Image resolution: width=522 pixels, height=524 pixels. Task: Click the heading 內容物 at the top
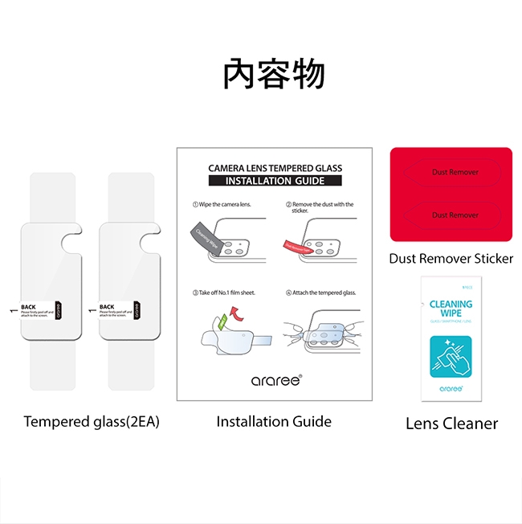click(274, 75)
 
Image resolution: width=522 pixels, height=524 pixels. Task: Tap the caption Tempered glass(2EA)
click(92, 421)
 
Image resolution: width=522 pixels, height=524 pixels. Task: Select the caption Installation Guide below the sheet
click(274, 421)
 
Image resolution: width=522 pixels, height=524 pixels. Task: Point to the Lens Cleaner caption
click(451, 424)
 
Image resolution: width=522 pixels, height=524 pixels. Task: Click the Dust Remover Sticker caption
click(451, 259)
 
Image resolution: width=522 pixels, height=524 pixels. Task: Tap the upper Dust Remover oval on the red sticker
click(455, 172)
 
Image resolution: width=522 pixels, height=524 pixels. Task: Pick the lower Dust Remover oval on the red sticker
click(455, 215)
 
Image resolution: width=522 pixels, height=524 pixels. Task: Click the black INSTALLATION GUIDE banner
click(275, 181)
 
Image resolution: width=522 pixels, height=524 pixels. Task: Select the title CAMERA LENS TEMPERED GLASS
click(275, 169)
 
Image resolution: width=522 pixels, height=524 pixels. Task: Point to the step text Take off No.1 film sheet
click(226, 293)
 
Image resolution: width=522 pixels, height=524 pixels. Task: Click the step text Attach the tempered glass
click(324, 293)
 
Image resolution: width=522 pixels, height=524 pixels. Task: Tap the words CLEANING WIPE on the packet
click(451, 309)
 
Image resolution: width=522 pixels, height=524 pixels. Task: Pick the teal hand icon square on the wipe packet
click(451, 358)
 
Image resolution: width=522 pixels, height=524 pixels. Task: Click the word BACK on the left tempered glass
click(28, 306)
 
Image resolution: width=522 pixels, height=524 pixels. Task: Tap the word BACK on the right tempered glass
click(107, 306)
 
